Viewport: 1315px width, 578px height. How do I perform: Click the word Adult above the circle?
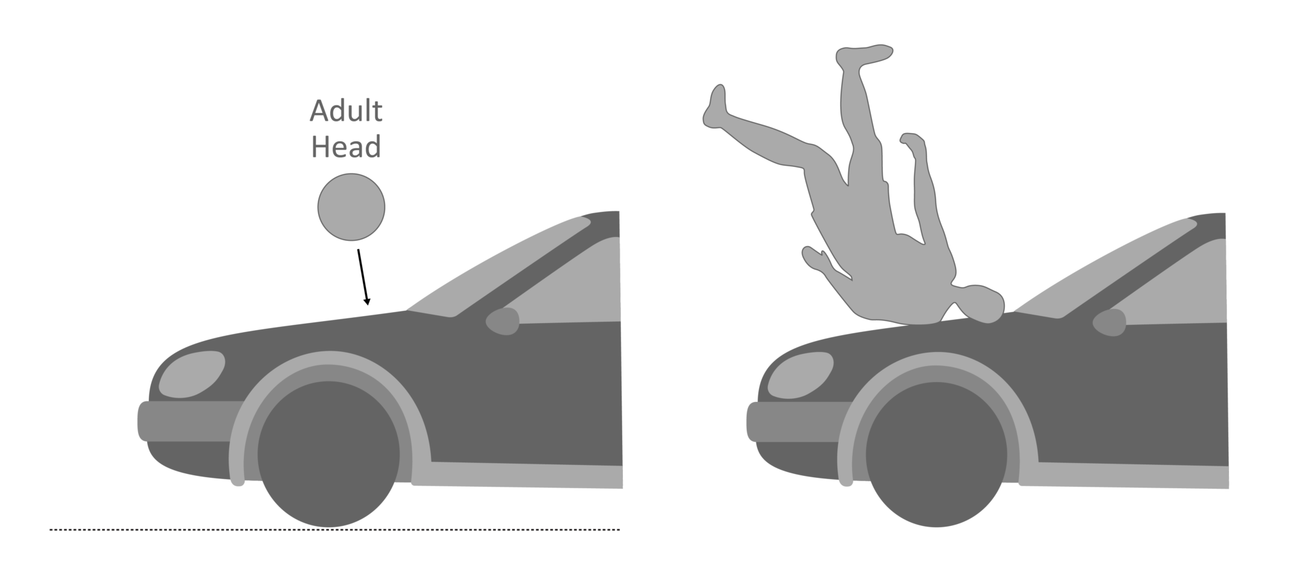click(345, 112)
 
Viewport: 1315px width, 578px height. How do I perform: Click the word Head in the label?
click(345, 146)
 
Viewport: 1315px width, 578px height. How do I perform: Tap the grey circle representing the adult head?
click(351, 207)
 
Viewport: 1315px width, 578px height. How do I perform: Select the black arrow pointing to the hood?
click(363, 276)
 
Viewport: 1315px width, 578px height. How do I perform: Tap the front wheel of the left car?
click(328, 455)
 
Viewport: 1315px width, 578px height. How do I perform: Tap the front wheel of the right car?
click(936, 455)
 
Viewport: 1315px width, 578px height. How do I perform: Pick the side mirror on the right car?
click(1110, 322)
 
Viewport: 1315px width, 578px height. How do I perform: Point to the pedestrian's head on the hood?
click(982, 304)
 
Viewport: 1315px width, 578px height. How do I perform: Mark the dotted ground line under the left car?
click(334, 530)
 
